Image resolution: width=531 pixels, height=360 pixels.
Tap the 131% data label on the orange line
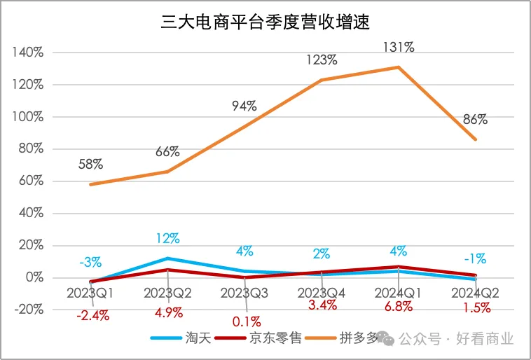tap(399, 48)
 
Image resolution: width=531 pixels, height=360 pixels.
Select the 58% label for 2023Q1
tap(90, 164)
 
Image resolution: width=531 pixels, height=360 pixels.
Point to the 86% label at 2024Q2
tap(475, 119)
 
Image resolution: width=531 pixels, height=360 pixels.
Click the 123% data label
tap(322, 61)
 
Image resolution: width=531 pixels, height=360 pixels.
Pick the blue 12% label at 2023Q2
tap(167, 239)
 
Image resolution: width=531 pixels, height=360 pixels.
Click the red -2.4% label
tap(92, 315)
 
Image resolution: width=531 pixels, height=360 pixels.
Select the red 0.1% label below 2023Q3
tap(245, 322)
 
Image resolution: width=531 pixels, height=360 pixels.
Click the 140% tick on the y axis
tap(29, 53)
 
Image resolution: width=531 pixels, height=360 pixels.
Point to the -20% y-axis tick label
tap(28, 310)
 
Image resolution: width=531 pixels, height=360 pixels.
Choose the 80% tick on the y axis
tap(31, 149)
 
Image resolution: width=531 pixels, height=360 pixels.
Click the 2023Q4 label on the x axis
tap(322, 291)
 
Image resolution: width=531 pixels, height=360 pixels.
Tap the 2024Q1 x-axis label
tap(399, 291)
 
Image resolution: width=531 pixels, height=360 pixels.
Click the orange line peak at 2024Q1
tap(399, 67)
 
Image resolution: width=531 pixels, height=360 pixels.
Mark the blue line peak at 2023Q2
tap(167, 258)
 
